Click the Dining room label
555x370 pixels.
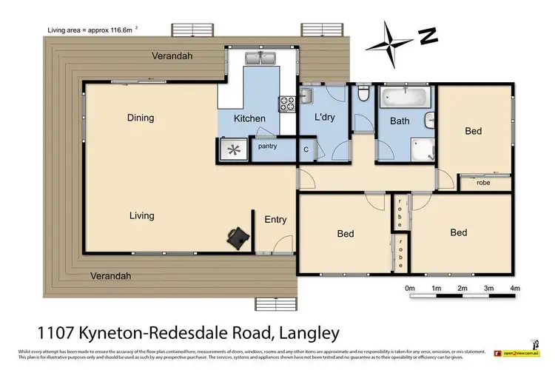(141, 118)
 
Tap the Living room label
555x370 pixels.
(141, 215)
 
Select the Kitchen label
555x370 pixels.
(249, 119)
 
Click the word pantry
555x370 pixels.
(267, 147)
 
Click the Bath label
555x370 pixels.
(400, 121)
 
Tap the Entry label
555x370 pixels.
(275, 219)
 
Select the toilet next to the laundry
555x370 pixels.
(362, 93)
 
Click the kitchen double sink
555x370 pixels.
(262, 58)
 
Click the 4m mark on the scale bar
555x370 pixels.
(515, 288)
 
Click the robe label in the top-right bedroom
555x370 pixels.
(483, 182)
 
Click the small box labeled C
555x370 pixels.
(306, 149)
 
